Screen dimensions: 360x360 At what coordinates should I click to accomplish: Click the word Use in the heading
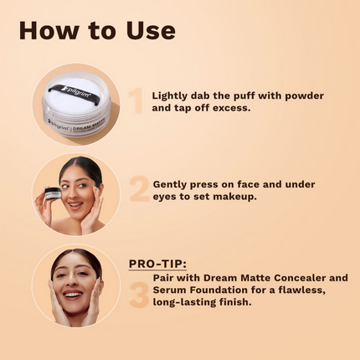pyautogui.click(x=151, y=30)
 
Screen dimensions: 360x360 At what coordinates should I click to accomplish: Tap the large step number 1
pyautogui.click(x=136, y=100)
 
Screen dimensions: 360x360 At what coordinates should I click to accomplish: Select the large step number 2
pyautogui.click(x=139, y=189)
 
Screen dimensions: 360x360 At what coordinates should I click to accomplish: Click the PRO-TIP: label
pyautogui.click(x=157, y=264)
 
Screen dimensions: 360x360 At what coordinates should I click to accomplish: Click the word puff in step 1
pyautogui.click(x=244, y=96)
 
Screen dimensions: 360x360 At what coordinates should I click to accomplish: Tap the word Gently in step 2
pyautogui.click(x=170, y=185)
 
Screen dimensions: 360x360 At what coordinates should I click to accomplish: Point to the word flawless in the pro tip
pyautogui.click(x=302, y=291)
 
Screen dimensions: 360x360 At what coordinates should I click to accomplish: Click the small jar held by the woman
pyautogui.click(x=53, y=193)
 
